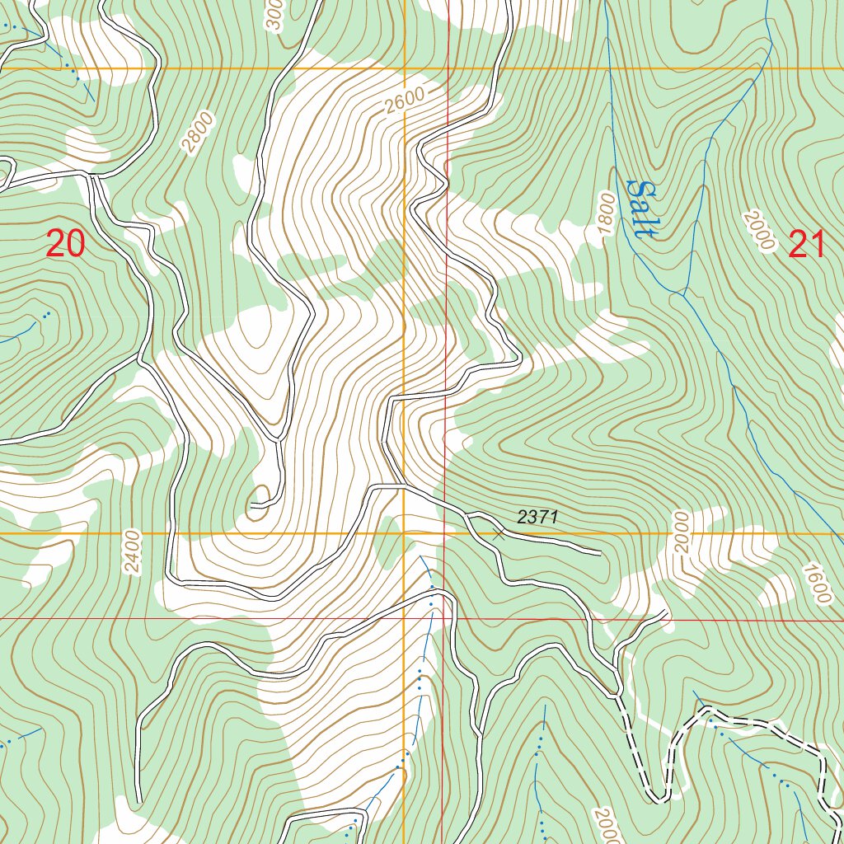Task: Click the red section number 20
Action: [x=65, y=245]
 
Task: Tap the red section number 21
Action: [x=807, y=245]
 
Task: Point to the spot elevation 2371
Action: [x=538, y=518]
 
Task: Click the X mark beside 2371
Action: [x=498, y=533]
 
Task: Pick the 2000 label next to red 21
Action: [x=759, y=230]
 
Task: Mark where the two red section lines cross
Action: [x=445, y=618]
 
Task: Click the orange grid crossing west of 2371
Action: [x=404, y=534]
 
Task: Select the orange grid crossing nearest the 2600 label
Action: [x=404, y=68]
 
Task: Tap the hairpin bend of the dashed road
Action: [x=659, y=798]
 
